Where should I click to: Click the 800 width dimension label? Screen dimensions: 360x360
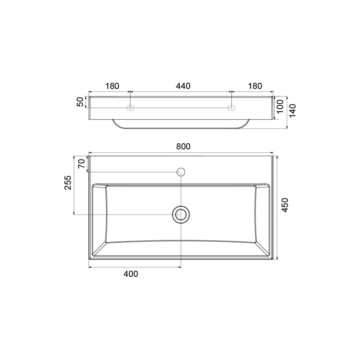[x=183, y=147]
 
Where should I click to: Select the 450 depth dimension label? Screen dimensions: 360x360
[x=285, y=205]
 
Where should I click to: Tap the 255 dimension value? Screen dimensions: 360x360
[x=68, y=183]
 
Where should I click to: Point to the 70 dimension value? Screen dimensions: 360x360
[x=81, y=164]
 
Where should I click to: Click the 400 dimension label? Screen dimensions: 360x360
[x=131, y=274]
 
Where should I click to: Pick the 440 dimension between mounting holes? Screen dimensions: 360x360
[x=183, y=86]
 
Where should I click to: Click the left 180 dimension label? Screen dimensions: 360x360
[x=112, y=86]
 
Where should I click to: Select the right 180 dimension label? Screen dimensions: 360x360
[x=255, y=86]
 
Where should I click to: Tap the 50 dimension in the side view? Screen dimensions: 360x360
[x=80, y=102]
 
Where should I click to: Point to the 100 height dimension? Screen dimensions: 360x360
[x=280, y=106]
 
